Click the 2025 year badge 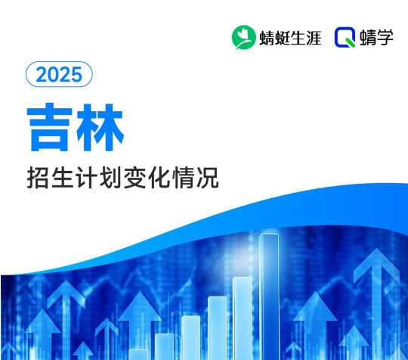[x=59, y=75]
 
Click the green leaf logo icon [x=243, y=36]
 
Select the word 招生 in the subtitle [x=48, y=179]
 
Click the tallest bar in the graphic [x=269, y=295]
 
